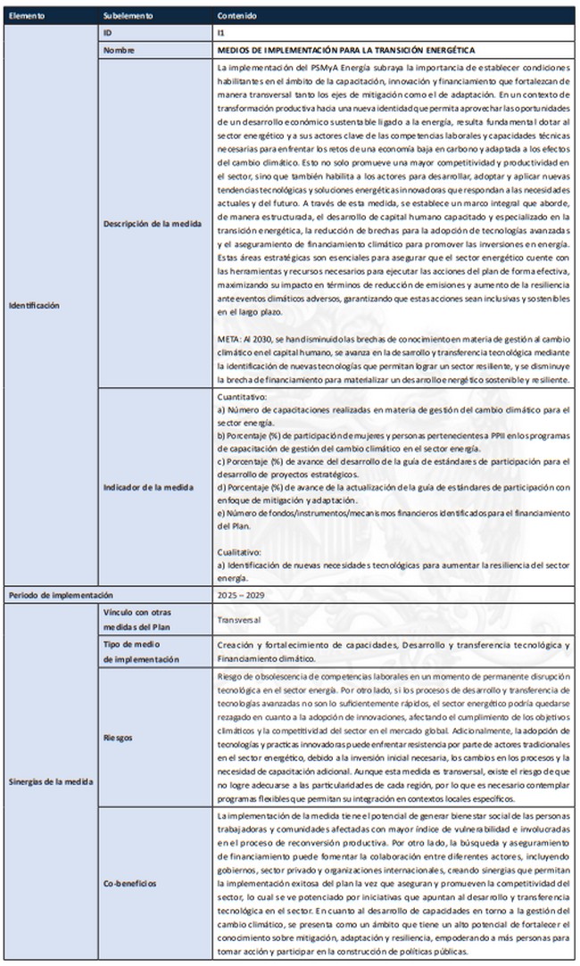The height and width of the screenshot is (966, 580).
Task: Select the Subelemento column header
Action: pyautogui.click(x=128, y=16)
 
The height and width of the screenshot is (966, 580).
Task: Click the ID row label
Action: pyautogui.click(x=108, y=32)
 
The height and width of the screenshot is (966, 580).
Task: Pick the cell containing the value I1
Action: pyautogui.click(x=221, y=32)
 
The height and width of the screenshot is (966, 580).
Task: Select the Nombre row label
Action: pyautogui.click(x=119, y=50)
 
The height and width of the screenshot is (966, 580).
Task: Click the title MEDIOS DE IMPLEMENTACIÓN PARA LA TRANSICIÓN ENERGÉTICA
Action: pyautogui.click(x=346, y=50)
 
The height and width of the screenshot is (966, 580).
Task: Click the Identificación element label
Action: pyautogui.click(x=34, y=306)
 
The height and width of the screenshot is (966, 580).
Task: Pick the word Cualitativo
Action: pyautogui.click(x=238, y=554)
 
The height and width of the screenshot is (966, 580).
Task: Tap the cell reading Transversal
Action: pyautogui.click(x=240, y=617)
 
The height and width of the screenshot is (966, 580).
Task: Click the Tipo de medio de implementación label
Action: pyautogui.click(x=141, y=652)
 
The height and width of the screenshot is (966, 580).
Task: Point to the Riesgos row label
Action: pyautogui.click(x=118, y=739)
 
